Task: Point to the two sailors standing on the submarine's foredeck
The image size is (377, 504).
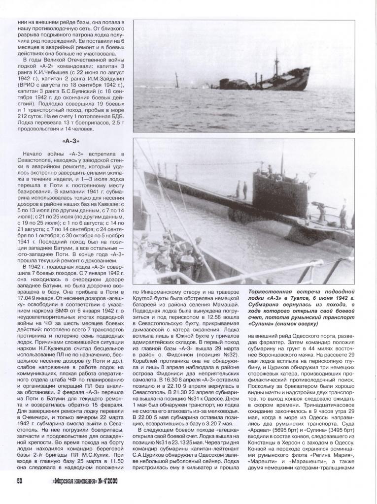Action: [241, 189]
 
